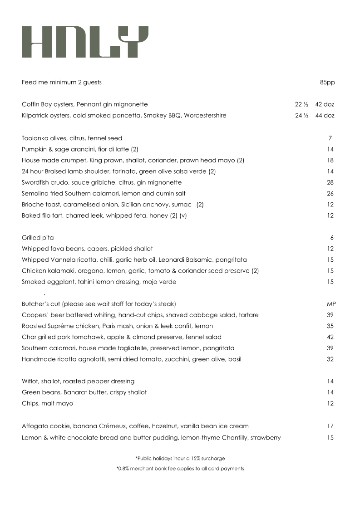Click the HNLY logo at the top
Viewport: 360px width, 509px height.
(85, 42)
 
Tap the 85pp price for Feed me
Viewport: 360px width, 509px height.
(327, 82)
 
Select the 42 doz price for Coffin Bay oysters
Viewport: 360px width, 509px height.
(325, 104)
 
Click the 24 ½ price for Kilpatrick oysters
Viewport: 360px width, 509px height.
(301, 115)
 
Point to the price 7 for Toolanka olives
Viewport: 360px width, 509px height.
(330, 138)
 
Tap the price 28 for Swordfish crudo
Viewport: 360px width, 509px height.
(330, 182)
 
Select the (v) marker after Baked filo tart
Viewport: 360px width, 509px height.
(183, 215)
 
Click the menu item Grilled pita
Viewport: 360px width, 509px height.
(38, 238)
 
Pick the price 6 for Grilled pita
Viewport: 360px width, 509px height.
(332, 238)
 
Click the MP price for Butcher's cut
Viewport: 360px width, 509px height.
(330, 303)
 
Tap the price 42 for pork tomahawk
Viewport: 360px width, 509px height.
(330, 337)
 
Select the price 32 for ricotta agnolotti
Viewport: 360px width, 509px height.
(330, 359)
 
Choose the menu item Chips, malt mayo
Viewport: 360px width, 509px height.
(47, 403)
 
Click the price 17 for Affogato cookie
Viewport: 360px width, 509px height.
(330, 426)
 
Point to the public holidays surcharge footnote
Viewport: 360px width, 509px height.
(180, 458)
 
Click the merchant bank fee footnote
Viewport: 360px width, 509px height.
(180, 468)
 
